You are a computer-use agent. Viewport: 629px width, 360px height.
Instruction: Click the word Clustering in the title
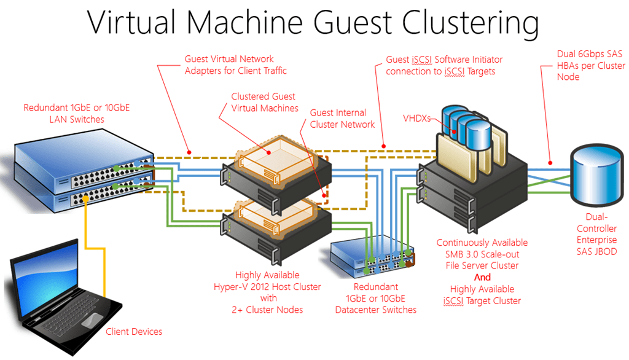coord(470,23)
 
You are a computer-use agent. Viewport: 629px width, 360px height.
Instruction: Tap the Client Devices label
coord(134,332)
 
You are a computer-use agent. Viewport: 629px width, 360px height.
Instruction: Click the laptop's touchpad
coord(92,320)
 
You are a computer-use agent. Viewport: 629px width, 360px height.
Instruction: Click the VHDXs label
coord(416,119)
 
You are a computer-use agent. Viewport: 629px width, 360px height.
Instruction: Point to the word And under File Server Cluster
coord(482,277)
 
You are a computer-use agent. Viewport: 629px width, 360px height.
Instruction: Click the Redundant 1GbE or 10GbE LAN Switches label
coord(77,114)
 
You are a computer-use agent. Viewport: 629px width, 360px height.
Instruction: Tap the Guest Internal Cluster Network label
coord(342,119)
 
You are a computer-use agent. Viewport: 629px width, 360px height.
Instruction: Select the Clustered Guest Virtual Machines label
coord(264,103)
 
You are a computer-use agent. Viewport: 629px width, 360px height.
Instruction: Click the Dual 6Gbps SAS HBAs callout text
coord(591,65)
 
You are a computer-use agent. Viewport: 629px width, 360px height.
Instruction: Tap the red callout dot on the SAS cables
coord(550,163)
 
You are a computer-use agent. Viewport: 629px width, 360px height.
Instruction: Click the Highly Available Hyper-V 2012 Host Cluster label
coord(267,292)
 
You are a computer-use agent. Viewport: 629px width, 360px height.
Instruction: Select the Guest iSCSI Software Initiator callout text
coord(444,65)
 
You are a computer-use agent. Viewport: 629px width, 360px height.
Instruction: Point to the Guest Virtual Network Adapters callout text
coord(235,65)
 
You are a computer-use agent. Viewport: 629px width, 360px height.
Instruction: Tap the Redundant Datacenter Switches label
coord(376,298)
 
